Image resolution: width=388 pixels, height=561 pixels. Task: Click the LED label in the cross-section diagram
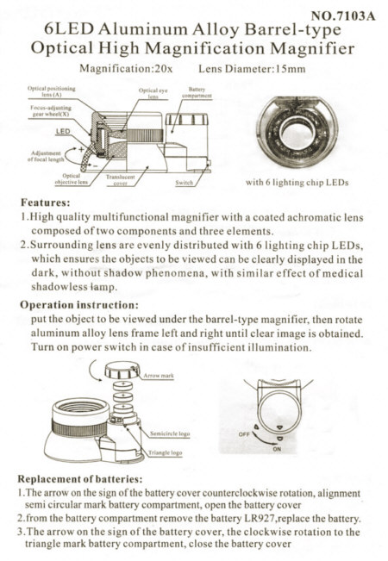tap(63, 131)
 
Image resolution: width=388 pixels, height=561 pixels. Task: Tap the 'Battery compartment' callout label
tap(196, 93)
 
